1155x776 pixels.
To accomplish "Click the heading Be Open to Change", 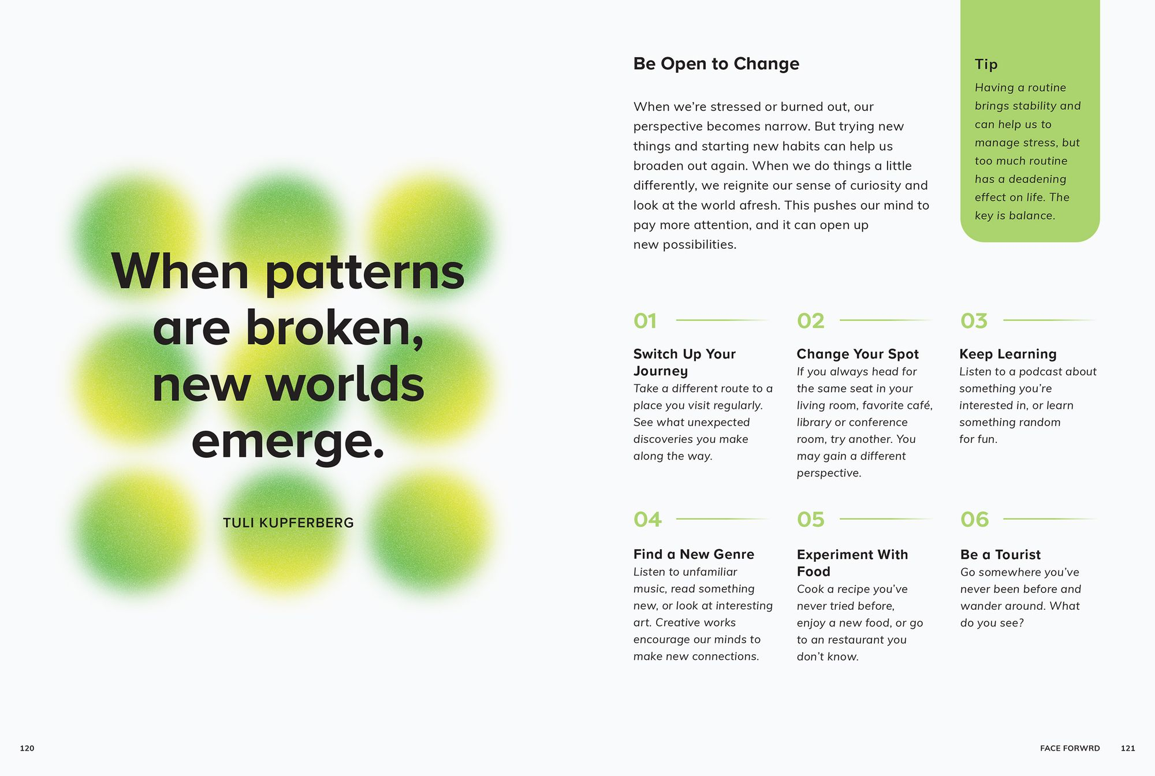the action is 716,64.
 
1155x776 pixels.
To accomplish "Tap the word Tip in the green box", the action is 986,64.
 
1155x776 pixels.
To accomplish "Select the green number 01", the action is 645,321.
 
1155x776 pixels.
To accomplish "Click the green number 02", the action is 811,321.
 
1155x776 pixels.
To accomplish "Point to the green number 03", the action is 974,321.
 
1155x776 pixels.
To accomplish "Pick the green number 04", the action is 647,520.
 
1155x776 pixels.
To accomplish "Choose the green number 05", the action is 811,520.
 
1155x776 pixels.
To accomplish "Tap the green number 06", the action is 975,520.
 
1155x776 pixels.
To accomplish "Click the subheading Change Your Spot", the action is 858,355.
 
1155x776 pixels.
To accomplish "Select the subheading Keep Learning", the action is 1008,354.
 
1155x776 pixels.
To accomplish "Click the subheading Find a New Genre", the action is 694,554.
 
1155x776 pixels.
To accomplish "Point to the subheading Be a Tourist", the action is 1000,555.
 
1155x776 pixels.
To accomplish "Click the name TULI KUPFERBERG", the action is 288,523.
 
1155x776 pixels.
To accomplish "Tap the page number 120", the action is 27,748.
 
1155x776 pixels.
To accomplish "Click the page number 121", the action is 1128,748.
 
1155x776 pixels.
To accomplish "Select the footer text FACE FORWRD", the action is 1070,748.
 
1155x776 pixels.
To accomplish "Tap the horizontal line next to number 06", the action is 1049,519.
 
